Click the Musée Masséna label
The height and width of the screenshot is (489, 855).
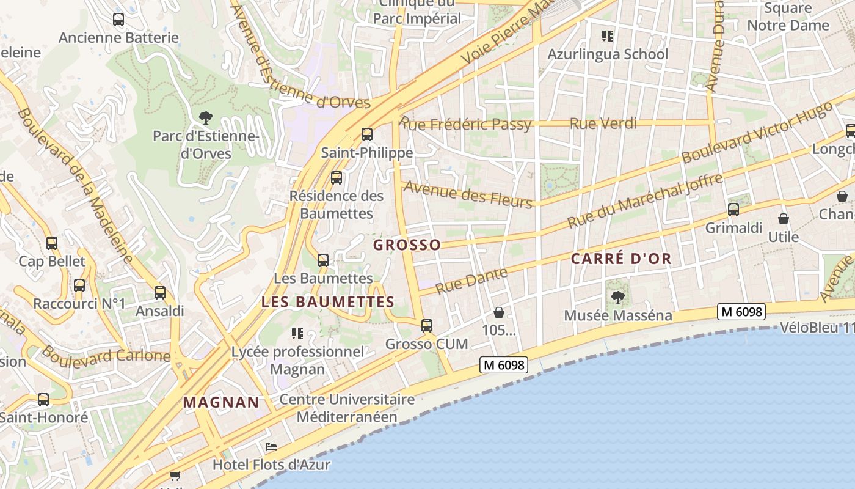click(618, 315)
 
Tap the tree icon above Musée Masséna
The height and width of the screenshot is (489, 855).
click(617, 298)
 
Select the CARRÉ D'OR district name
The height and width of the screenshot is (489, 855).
click(621, 259)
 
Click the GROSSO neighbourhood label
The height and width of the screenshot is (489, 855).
click(407, 245)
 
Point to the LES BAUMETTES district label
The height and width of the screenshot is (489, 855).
click(328, 302)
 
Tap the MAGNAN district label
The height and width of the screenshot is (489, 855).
click(221, 402)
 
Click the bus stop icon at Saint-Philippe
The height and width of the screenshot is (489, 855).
click(367, 134)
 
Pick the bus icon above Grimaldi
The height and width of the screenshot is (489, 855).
click(733, 210)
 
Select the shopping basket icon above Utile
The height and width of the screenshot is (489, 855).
click(784, 219)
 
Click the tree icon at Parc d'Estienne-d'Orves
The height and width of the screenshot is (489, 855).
click(206, 117)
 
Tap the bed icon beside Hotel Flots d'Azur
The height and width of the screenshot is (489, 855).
click(271, 447)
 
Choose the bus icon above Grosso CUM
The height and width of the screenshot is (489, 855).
click(427, 326)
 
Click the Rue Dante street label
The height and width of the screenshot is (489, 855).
click(471, 280)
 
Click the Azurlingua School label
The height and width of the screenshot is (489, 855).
click(608, 54)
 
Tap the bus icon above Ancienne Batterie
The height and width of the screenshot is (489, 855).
click(118, 20)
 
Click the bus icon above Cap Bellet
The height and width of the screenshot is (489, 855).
click(52, 243)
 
